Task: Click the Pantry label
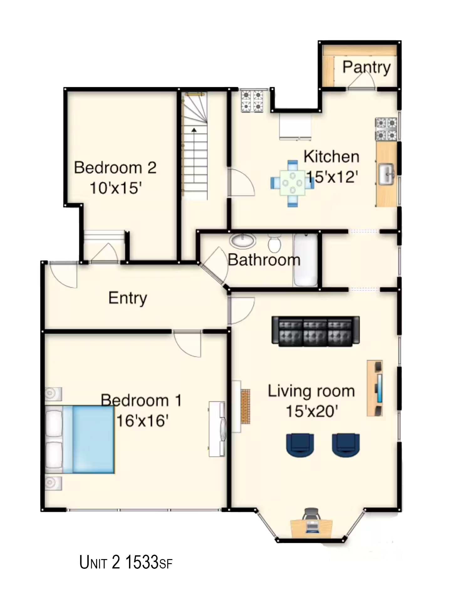click(x=366, y=67)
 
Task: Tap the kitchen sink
click(x=386, y=174)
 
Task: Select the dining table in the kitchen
click(x=292, y=183)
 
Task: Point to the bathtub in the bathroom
click(x=305, y=260)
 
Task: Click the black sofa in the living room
click(x=315, y=331)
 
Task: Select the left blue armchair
click(x=300, y=445)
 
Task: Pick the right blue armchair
click(x=346, y=445)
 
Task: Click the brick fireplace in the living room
click(x=245, y=406)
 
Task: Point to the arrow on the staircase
click(x=194, y=129)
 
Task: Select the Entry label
click(x=127, y=298)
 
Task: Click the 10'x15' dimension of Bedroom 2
click(x=116, y=188)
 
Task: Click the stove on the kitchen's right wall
click(x=386, y=129)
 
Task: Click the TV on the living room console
click(x=380, y=388)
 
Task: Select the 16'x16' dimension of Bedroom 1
click(x=143, y=421)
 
